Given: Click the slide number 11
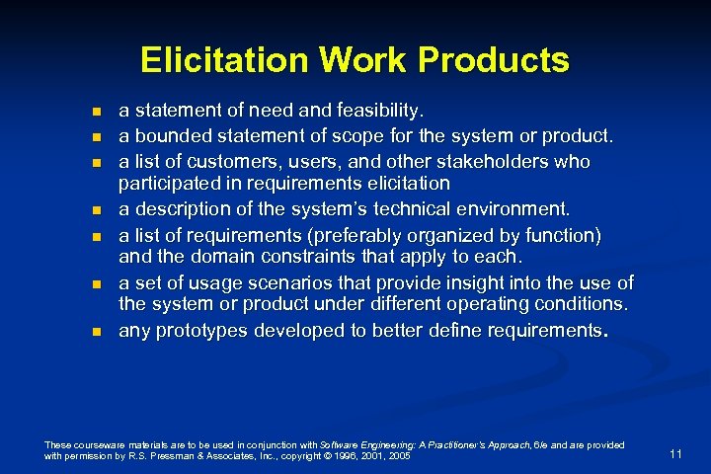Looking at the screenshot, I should coord(675,453).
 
